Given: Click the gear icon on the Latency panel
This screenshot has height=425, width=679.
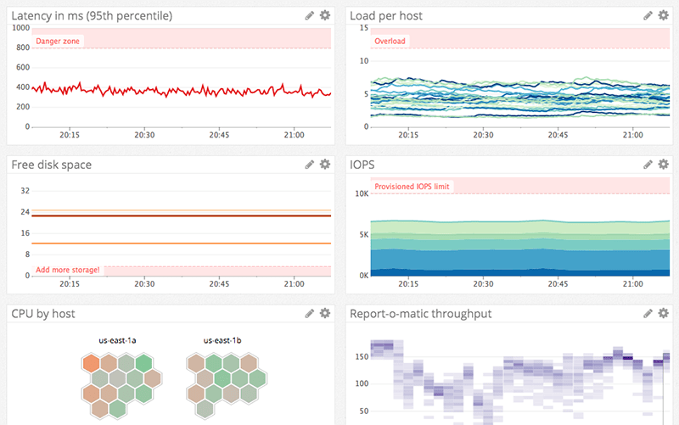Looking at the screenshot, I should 325,15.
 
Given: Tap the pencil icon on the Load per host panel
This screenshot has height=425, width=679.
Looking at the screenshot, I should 648,15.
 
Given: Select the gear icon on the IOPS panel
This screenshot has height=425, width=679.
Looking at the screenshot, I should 664,164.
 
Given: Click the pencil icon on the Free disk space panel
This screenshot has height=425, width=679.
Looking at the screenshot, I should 310,164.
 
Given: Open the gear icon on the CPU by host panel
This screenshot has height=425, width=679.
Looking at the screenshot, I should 325,313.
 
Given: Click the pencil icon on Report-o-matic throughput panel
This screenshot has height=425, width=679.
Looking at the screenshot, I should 648,313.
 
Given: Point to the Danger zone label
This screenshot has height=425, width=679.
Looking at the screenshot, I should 59,41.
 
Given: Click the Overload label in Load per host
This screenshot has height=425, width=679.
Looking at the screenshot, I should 390,41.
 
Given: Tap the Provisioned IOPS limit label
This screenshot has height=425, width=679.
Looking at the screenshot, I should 412,187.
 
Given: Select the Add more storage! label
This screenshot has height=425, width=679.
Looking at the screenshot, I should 68,271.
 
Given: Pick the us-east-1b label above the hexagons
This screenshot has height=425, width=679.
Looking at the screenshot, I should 223,340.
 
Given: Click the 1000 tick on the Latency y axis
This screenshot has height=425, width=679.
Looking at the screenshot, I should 21,28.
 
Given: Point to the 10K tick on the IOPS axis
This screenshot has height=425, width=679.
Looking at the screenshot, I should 361,194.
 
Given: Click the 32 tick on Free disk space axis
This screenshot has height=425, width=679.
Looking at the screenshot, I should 25,191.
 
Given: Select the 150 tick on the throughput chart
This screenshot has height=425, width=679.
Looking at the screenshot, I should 362,356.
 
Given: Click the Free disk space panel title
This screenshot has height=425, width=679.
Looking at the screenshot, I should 52,165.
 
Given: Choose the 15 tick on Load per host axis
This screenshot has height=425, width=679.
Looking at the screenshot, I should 363,28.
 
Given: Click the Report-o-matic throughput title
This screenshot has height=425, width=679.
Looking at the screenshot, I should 420,314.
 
